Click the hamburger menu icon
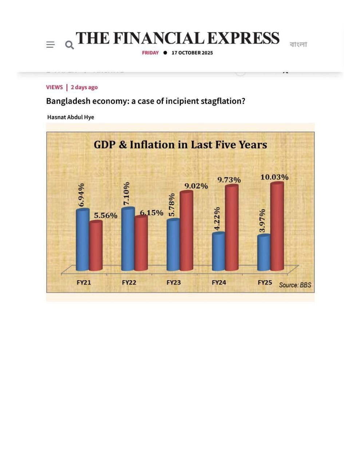50,44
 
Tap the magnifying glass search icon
69,45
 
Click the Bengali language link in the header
298,44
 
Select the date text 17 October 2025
192,53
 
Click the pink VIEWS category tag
54,87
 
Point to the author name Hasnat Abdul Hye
71,117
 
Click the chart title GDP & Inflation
180,145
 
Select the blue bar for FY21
83,240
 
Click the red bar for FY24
232,228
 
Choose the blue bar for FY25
264,253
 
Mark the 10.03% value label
274,177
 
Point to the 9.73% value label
229,180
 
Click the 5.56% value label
106,216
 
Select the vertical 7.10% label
126,193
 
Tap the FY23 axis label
174,282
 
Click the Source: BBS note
295,285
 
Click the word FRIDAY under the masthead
150,53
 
